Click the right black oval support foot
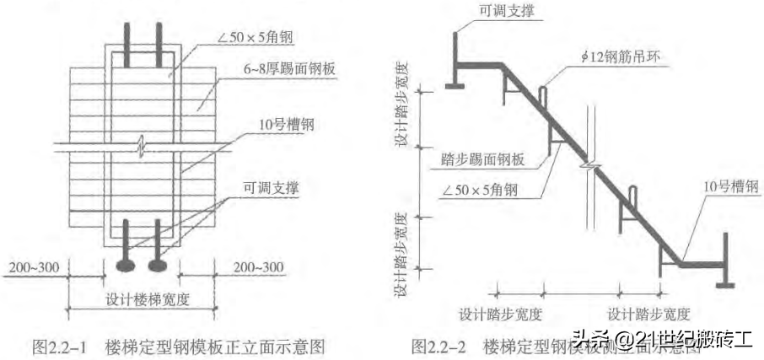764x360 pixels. [159, 266]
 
